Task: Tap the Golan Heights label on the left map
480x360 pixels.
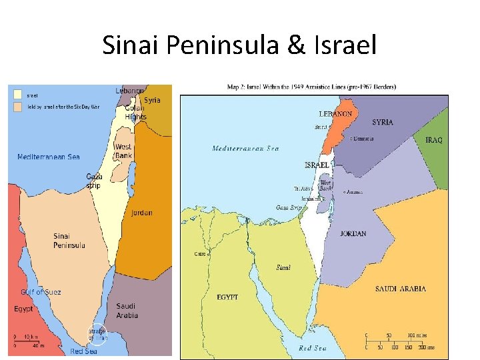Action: tap(135, 112)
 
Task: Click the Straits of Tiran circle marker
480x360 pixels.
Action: tap(98, 333)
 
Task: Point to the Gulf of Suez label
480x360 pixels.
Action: tap(40, 292)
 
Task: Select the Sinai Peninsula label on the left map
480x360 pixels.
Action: tap(69, 241)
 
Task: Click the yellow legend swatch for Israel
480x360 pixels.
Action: tap(17, 95)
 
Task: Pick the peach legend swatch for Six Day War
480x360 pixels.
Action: tap(17, 106)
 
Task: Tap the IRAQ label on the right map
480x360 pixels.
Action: tap(433, 140)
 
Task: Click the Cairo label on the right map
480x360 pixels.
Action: tap(201, 254)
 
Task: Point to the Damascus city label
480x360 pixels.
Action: tap(363, 139)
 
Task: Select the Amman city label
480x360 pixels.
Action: tap(353, 191)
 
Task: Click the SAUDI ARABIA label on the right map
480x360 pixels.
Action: tap(400, 289)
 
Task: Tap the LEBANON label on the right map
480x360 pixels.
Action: tap(335, 114)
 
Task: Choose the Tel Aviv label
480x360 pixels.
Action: tap(303, 189)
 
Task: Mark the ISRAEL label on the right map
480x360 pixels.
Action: tap(316, 165)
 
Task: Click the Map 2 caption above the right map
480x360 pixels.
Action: tap(312, 86)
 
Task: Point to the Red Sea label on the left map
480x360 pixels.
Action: tap(83, 351)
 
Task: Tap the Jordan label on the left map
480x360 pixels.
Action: tap(141, 213)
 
